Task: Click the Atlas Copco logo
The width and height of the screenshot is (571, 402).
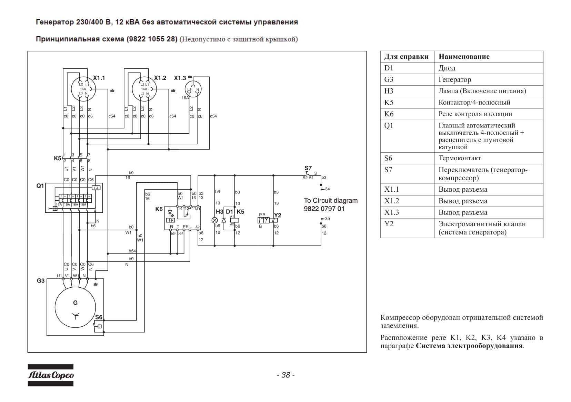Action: pyautogui.click(x=50, y=375)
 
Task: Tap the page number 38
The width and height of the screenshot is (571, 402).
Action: pyautogui.click(x=286, y=375)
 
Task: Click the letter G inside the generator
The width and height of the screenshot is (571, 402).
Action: pyautogui.click(x=75, y=303)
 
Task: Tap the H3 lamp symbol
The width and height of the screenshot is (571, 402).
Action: pyautogui.click(x=215, y=220)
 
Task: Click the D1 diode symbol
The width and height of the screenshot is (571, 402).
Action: pyautogui.click(x=224, y=220)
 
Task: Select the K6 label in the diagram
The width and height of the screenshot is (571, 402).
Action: pyautogui.click(x=159, y=209)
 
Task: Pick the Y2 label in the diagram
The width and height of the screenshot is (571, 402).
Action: pyautogui.click(x=278, y=215)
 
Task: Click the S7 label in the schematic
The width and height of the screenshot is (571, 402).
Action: pyautogui.click(x=308, y=168)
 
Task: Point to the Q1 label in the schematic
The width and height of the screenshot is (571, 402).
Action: pyautogui.click(x=40, y=186)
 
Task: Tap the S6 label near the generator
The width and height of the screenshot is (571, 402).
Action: pyautogui.click(x=99, y=317)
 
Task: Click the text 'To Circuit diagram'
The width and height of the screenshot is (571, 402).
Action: pyautogui.click(x=331, y=201)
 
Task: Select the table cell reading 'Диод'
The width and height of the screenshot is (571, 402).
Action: pyautogui.click(x=447, y=68)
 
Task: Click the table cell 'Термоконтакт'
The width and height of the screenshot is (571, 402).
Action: pyautogui.click(x=460, y=158)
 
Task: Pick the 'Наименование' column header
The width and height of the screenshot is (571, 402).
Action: pyautogui.click(x=464, y=56)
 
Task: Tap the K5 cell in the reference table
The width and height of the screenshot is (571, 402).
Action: pyautogui.click(x=389, y=103)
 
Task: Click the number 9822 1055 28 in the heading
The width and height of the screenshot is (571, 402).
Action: pyautogui.click(x=152, y=39)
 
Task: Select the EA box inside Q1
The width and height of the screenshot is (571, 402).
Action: pyautogui.click(x=96, y=188)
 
